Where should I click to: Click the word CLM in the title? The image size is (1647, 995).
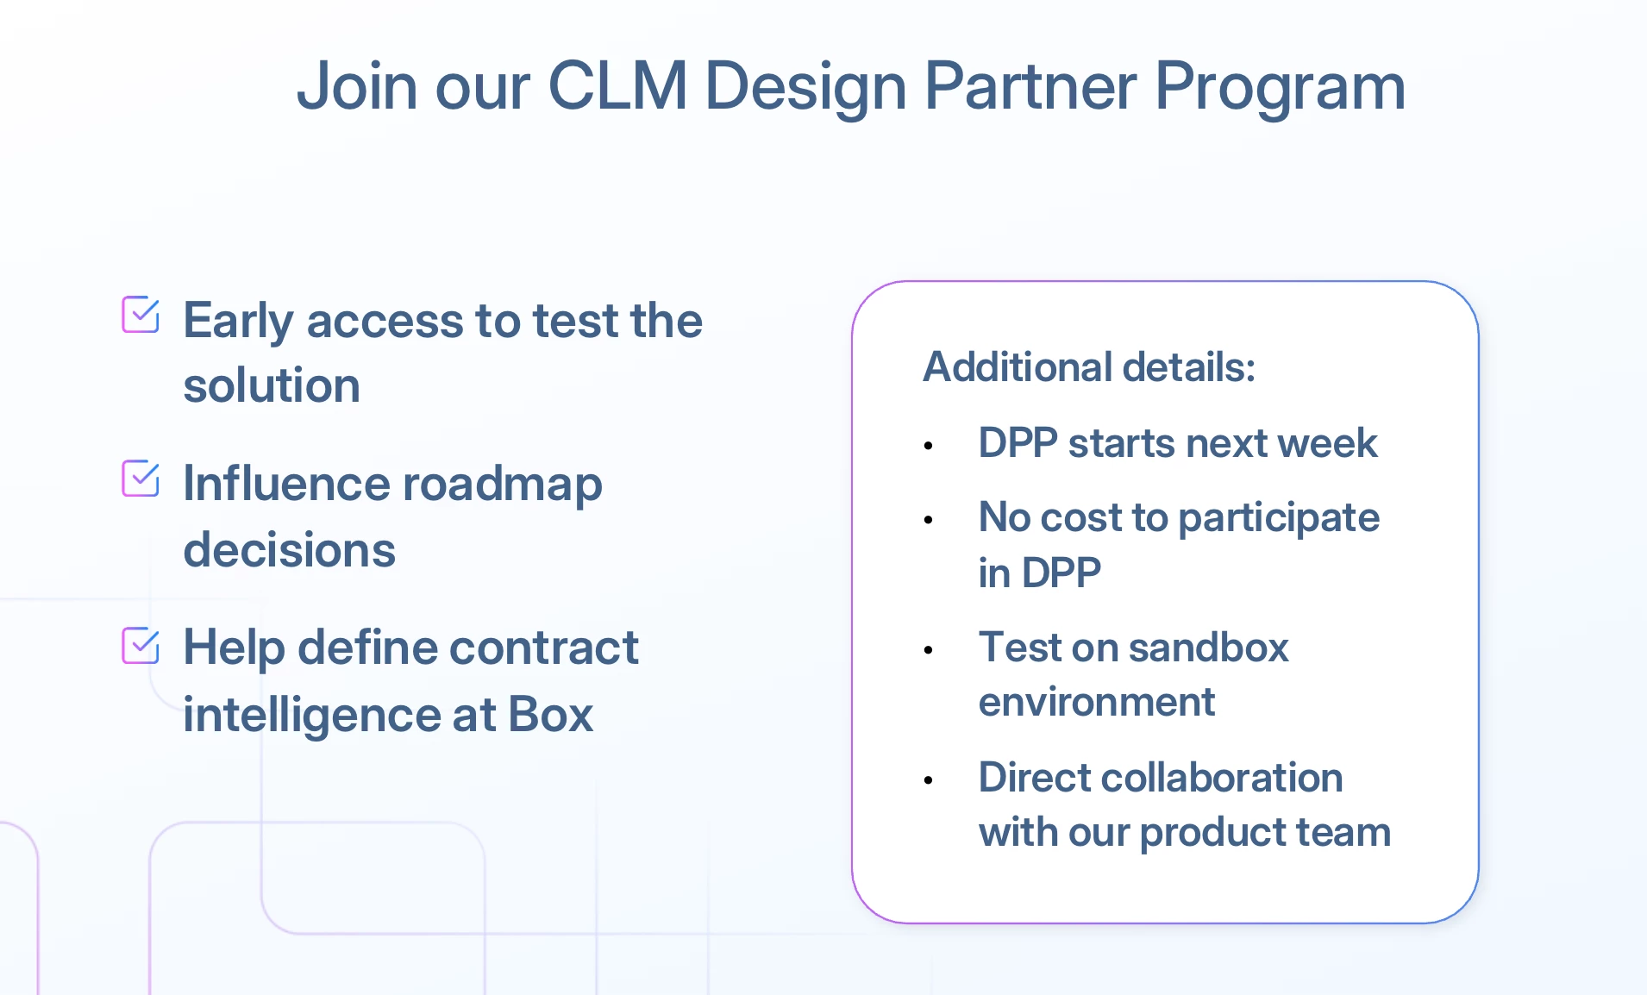click(617, 86)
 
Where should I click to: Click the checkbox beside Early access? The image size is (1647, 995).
click(141, 315)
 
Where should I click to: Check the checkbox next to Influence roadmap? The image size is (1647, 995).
click(141, 479)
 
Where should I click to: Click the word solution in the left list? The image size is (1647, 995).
click(272, 385)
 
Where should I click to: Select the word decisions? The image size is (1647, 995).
click(289, 550)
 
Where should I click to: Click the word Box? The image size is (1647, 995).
click(550, 715)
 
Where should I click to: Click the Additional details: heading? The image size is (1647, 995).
click(1088, 367)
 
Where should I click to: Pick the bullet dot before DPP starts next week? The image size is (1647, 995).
click(929, 446)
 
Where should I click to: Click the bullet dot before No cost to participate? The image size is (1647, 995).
click(929, 520)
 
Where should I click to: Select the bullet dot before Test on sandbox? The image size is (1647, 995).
click(929, 650)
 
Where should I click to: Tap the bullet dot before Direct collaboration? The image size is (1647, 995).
click(929, 780)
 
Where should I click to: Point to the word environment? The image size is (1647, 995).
click(1096, 702)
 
